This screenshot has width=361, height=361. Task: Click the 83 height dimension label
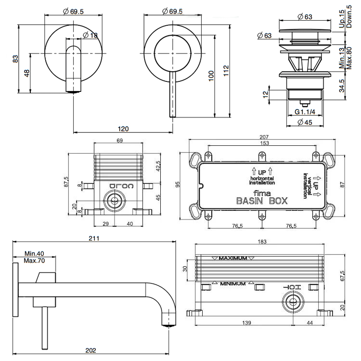tap(15, 58)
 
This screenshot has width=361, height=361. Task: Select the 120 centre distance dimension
tap(124, 129)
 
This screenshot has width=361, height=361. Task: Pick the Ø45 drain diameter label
tap(306, 122)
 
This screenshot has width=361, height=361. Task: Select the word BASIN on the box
tap(250, 201)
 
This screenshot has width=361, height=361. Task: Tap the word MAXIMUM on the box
tap(233, 258)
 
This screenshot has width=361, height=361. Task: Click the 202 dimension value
tap(91, 350)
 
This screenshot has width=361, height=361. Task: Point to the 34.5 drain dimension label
tap(342, 86)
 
